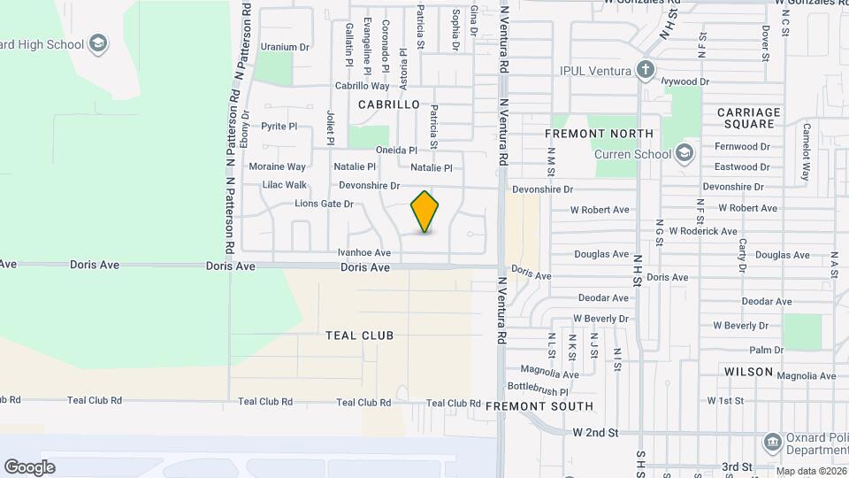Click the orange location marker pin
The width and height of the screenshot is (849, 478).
click(x=425, y=212)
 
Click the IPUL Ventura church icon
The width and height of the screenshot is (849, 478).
click(x=646, y=70)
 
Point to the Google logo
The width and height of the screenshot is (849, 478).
click(x=29, y=466)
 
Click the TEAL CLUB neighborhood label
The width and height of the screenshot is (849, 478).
click(x=359, y=335)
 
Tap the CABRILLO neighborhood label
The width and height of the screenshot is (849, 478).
click(x=388, y=104)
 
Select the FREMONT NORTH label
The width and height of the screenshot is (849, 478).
click(x=599, y=134)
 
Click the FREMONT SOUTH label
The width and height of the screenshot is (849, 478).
click(x=539, y=406)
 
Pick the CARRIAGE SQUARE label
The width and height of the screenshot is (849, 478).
click(x=749, y=118)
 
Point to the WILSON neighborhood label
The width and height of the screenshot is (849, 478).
click(x=748, y=373)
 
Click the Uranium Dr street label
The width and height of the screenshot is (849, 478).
click(x=284, y=47)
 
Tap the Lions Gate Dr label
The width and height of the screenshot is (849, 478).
click(x=324, y=204)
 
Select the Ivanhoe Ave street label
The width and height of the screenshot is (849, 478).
click(x=363, y=253)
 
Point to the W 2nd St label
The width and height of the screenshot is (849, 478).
click(x=595, y=433)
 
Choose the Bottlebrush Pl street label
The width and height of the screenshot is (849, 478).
click(x=538, y=389)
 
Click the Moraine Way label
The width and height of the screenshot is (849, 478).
click(x=277, y=166)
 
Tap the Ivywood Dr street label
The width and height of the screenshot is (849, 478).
click(x=685, y=81)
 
